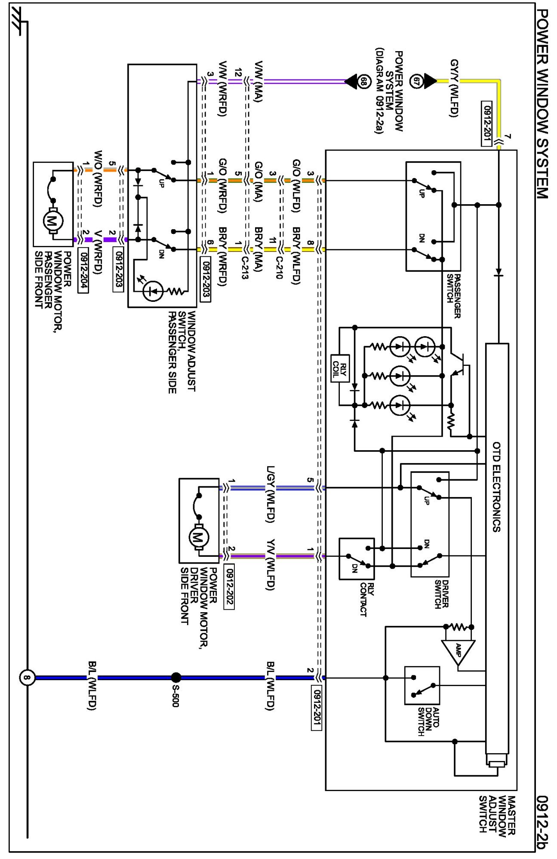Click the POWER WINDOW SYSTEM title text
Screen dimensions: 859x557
point(543,104)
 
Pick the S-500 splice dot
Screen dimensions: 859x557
point(176,678)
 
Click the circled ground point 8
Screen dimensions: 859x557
point(27,678)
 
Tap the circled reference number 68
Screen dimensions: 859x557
point(364,81)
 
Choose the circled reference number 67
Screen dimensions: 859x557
point(416,81)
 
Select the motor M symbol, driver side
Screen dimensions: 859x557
point(199,537)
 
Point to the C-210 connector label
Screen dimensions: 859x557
point(279,267)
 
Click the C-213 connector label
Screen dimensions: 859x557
point(245,267)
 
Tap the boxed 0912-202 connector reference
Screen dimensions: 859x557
point(229,586)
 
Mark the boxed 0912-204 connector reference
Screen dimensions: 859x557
point(83,270)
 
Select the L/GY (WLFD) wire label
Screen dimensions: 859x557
point(270,494)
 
